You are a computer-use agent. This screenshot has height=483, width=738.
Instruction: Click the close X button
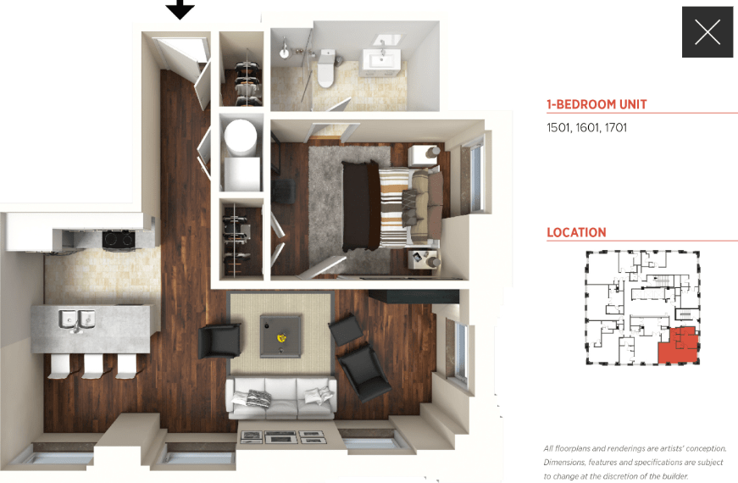pos(707,32)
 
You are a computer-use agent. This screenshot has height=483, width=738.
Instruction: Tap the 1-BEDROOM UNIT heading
pos(597,105)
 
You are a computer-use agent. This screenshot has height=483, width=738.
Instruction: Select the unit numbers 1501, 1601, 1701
pos(586,128)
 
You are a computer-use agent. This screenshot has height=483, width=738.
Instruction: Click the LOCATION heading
pos(576,232)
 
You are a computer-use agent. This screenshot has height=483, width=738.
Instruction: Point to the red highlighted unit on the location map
pos(678,346)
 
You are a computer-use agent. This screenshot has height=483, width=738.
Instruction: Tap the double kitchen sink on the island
pos(76,320)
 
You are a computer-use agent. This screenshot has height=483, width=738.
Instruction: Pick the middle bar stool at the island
pos(93,365)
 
